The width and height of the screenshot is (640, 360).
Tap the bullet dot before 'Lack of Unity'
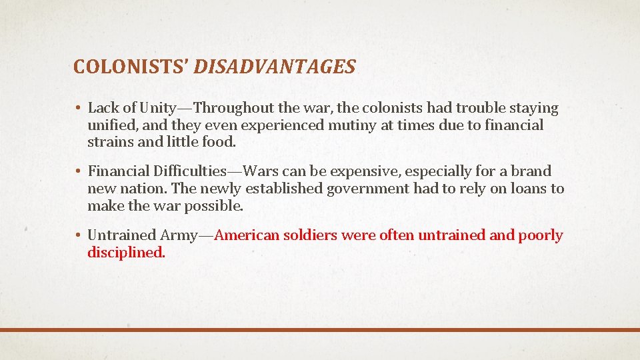click(78, 108)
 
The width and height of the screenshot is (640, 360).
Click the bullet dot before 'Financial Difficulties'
click(78, 172)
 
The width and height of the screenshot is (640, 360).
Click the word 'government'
click(367, 189)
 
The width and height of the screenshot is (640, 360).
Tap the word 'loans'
click(528, 189)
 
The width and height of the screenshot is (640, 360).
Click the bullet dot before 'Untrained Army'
click(78, 236)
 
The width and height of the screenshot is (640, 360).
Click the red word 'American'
click(247, 236)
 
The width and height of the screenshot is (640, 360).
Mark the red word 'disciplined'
click(125, 253)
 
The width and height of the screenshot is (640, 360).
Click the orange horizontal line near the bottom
click(320, 329)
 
